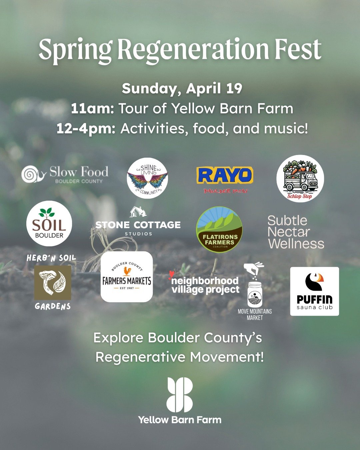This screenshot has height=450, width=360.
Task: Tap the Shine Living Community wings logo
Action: click(x=147, y=178)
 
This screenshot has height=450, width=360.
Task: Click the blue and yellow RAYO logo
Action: click(x=225, y=176)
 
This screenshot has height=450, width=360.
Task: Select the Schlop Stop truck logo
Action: click(x=300, y=179)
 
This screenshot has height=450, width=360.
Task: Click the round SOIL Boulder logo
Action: click(x=49, y=224)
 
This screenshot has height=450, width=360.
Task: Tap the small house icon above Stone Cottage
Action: click(x=138, y=212)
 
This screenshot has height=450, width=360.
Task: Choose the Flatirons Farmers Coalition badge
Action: click(x=219, y=230)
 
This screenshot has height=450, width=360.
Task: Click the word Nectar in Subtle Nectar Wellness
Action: click(x=288, y=232)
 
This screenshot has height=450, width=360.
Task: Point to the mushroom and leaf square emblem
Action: click(x=53, y=283)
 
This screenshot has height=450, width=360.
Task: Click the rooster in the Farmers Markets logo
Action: click(x=127, y=271)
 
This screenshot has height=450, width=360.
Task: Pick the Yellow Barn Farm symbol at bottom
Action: click(x=180, y=395)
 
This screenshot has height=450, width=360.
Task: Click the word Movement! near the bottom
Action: click(x=227, y=357)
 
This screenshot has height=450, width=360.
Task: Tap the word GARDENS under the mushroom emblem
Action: click(x=53, y=306)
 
